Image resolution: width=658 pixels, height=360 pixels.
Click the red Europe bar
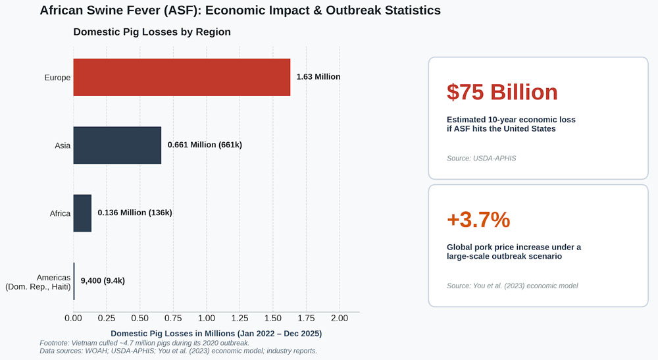click(x=182, y=77)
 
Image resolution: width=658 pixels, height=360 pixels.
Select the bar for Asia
click(x=117, y=145)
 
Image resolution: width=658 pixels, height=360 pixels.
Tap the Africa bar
click(x=82, y=213)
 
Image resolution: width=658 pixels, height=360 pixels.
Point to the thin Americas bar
click(x=74, y=281)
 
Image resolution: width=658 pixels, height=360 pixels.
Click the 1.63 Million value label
click(x=318, y=77)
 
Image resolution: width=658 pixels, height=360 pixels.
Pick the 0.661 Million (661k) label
click(x=205, y=145)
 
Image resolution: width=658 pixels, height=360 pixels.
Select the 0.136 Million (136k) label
click(x=135, y=213)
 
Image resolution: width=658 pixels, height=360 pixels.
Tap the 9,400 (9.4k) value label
click(x=103, y=281)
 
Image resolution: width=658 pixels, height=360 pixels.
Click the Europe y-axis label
click(x=57, y=78)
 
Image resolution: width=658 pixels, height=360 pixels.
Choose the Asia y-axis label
click(x=63, y=145)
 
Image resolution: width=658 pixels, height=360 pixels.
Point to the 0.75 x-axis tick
click(x=173, y=319)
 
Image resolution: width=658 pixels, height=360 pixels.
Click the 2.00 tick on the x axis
click(x=340, y=319)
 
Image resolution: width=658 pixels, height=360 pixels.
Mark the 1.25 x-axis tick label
click(x=240, y=319)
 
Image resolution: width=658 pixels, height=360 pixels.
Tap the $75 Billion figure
click(x=502, y=92)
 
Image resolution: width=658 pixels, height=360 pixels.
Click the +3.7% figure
click(x=478, y=219)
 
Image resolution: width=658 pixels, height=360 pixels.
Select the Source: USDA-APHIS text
click(x=482, y=158)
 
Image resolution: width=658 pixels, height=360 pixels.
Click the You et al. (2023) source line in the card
click(x=513, y=286)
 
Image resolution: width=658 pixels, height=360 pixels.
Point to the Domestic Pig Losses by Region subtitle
click(x=152, y=32)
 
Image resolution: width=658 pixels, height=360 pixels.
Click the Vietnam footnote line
click(x=144, y=343)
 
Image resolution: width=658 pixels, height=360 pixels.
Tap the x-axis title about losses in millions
click(x=216, y=334)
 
